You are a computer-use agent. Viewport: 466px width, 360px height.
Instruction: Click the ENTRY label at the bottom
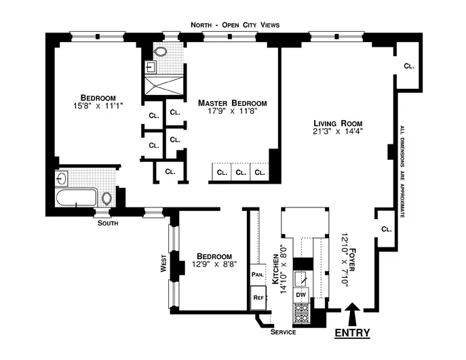352,333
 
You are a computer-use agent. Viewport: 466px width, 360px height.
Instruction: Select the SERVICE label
283,333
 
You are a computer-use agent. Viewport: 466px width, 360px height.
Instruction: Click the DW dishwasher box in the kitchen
300,294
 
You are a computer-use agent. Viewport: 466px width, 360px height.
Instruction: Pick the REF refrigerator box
258,297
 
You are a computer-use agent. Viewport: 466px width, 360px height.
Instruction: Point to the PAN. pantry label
257,275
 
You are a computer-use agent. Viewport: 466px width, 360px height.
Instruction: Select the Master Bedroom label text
232,103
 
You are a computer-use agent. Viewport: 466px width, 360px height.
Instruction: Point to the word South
107,222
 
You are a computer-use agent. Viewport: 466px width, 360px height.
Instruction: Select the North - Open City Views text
235,25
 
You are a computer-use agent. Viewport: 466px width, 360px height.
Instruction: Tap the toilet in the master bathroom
161,53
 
